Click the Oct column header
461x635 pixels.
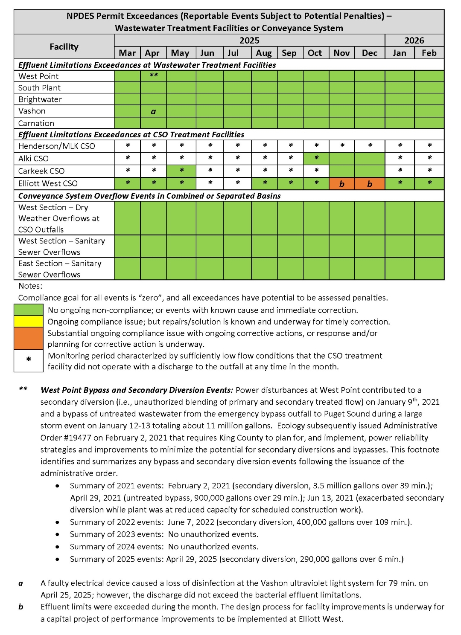tap(315, 53)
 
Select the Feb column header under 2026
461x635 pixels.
tap(429, 53)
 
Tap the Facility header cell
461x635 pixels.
tap(64, 46)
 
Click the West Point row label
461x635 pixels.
tap(38, 76)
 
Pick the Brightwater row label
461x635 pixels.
tap(40, 99)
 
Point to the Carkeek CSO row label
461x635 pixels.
tap(41, 171)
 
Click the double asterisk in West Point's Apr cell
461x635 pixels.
tap(154, 75)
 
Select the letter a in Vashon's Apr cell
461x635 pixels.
tap(153, 112)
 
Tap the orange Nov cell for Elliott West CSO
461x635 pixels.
tap(341, 184)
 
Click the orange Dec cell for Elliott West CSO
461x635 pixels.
tap(370, 184)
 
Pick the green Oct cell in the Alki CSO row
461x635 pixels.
tap(316, 158)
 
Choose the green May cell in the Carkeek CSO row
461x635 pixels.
tap(181, 171)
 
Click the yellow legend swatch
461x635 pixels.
tap(29, 321)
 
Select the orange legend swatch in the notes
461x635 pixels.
tap(29, 338)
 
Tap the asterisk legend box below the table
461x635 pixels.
tap(29, 360)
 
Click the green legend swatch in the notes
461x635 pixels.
tap(29, 310)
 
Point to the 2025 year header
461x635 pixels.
tap(249, 41)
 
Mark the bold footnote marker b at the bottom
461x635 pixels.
tap(21, 606)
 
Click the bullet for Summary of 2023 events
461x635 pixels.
tap(57, 534)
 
